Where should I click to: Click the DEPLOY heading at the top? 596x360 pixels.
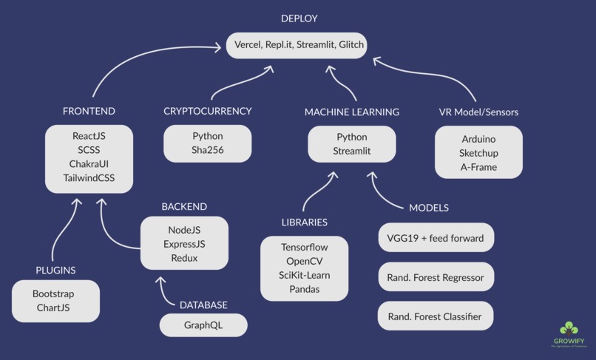tap(299, 18)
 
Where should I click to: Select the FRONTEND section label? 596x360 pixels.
tap(89, 112)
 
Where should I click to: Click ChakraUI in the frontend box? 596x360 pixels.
tap(89, 163)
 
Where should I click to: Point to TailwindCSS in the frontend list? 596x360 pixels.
tap(89, 177)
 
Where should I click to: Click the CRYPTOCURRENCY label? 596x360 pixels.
tap(207, 112)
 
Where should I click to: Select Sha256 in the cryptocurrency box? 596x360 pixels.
tap(207, 151)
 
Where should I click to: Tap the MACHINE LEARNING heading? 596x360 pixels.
tap(351, 112)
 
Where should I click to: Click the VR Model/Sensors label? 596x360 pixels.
tap(478, 112)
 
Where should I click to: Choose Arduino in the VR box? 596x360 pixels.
tap(478, 139)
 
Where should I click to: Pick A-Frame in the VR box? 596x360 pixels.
tap(478, 167)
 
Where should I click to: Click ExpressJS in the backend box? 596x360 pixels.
tap(184, 244)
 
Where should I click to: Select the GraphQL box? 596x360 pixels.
tap(203, 325)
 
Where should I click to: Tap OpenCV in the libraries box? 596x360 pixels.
tap(304, 261)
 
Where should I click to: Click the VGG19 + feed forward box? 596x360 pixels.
tap(436, 238)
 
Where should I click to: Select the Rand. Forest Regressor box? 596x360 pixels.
tap(436, 278)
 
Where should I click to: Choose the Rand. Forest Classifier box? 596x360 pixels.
tap(436, 316)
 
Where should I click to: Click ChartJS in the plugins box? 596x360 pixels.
tap(53, 308)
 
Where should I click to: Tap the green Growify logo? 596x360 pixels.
tap(569, 330)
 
